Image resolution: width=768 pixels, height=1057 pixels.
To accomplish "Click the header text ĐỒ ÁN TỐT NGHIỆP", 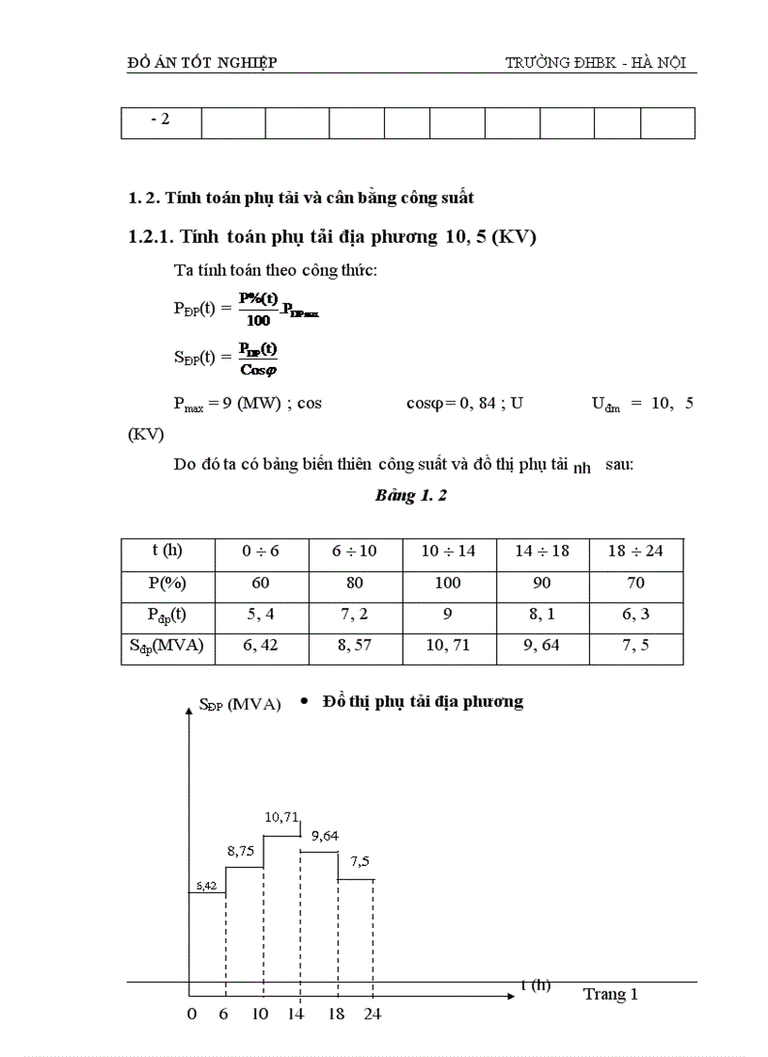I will [x=201, y=63].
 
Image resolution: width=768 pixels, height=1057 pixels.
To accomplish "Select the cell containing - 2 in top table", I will [x=160, y=120].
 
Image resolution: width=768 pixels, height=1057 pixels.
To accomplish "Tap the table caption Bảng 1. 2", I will [x=410, y=496].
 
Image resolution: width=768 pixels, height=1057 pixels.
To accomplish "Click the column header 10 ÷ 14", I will [x=448, y=552].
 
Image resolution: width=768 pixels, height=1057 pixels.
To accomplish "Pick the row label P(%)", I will [x=168, y=583].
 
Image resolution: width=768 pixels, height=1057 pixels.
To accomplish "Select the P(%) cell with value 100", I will [x=448, y=583].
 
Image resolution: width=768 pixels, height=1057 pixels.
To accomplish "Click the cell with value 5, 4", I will [x=261, y=615].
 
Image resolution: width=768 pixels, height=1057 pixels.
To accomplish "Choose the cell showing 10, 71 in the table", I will [x=448, y=647].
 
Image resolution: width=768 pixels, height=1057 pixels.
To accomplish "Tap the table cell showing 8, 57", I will [x=355, y=647].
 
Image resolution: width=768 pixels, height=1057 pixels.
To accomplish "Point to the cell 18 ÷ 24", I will [x=635, y=552].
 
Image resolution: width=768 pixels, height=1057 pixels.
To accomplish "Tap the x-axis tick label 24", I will [x=371, y=1015].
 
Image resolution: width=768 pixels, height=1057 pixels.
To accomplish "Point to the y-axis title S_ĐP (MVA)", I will [x=240, y=704].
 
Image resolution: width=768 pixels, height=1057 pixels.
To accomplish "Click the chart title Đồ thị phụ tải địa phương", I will [x=423, y=701].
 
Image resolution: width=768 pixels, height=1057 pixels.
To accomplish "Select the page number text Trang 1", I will [x=610, y=994].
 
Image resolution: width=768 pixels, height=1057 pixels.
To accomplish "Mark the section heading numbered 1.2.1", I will [x=331, y=237].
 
